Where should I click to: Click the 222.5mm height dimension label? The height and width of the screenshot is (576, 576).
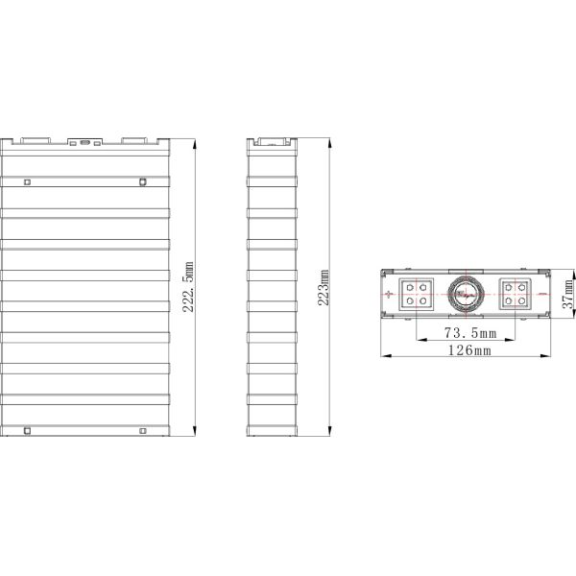click(x=188, y=287)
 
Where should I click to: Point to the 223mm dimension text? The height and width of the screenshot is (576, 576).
click(x=324, y=288)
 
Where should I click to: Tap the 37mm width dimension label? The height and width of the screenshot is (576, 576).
click(x=568, y=295)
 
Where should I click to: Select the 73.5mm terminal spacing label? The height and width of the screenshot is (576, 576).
click(x=470, y=333)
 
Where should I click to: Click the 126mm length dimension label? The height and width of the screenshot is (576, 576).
click(x=469, y=350)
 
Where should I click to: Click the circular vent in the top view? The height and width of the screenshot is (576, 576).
click(x=466, y=294)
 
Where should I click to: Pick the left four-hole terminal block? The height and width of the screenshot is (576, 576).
click(x=417, y=295)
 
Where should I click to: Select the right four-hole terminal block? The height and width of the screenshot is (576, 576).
click(x=515, y=295)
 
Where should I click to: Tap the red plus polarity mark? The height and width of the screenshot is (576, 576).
click(x=389, y=294)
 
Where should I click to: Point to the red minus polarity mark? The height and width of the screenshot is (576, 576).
click(x=541, y=294)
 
